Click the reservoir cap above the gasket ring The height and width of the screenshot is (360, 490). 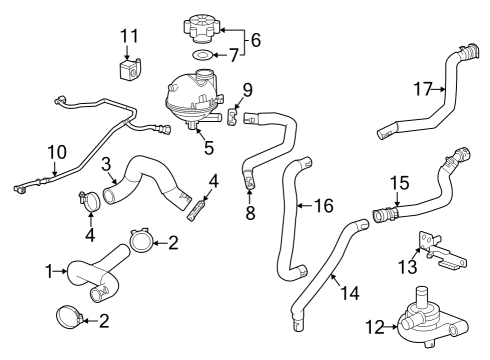[200, 23]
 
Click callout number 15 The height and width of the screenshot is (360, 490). [399, 184]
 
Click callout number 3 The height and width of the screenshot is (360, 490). [105, 163]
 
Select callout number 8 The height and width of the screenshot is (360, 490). [249, 214]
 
